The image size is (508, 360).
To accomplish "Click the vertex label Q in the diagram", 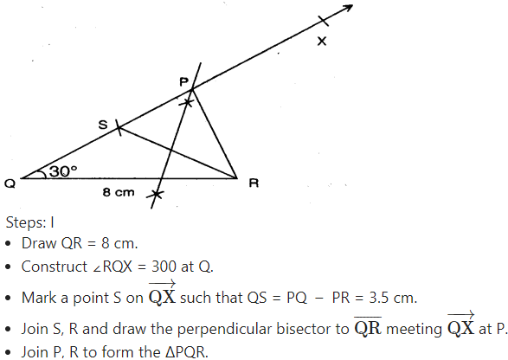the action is click(x=10, y=183).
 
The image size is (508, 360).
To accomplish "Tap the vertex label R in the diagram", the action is click(x=254, y=183).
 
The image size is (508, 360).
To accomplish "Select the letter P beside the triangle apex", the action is click(x=184, y=81).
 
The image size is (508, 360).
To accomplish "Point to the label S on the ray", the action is click(x=103, y=125).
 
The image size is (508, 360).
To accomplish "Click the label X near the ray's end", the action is click(x=322, y=42).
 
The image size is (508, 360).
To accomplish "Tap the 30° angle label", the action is click(x=63, y=171).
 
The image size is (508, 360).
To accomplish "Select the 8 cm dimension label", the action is click(x=119, y=192).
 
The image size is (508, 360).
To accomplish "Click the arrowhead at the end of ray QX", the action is click(x=348, y=8).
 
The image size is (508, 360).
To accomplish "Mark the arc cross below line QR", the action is click(x=156, y=195).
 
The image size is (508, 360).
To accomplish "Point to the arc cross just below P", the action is click(x=187, y=103).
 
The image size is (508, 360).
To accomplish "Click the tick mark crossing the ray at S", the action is click(x=119, y=129).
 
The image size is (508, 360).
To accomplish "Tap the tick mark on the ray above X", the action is click(x=324, y=21).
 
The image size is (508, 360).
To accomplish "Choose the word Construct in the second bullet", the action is click(x=55, y=267).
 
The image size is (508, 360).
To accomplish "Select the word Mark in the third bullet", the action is click(x=35, y=298).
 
